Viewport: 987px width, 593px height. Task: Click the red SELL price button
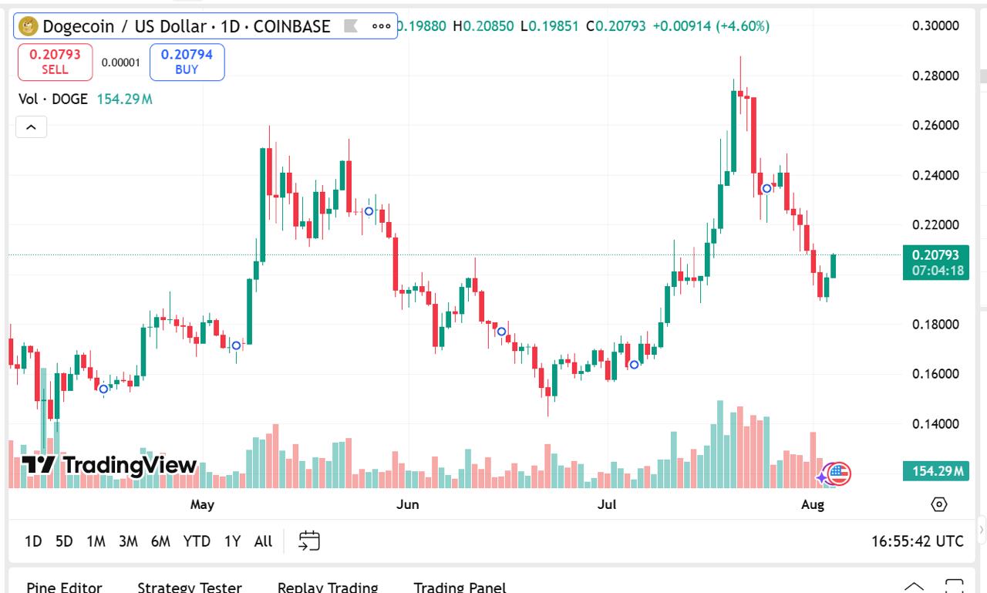coord(55,62)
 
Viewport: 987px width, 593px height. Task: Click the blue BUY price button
coord(187,62)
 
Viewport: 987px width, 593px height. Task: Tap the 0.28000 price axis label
coord(935,76)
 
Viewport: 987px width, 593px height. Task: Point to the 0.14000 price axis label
coord(935,423)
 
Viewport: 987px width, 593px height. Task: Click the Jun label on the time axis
coord(407,504)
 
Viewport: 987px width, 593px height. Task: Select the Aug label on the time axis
coord(813,504)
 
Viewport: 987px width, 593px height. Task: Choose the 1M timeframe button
coord(96,541)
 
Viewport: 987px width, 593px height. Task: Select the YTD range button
coord(197,541)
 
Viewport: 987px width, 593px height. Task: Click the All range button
coord(263,541)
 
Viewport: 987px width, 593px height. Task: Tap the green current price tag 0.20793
coord(935,262)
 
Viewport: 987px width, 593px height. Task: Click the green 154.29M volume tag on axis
coord(935,470)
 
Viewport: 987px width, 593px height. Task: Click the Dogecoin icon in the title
coord(29,26)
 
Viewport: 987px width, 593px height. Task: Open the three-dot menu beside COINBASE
coord(381,26)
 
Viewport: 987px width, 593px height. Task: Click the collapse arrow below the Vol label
coord(32,127)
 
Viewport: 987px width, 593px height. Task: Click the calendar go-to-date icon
coord(309,541)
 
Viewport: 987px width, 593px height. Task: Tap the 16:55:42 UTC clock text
coord(917,541)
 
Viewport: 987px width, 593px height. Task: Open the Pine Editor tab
coord(64,587)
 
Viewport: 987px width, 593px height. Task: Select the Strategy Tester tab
coord(189,587)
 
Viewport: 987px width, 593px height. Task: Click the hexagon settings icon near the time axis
coord(938,504)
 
